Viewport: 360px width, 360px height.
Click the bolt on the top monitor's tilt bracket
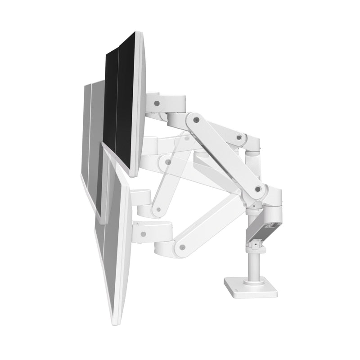pyautogui.click(x=156, y=103)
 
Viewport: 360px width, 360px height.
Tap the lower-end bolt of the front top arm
pyautogui.click(x=258, y=189)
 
